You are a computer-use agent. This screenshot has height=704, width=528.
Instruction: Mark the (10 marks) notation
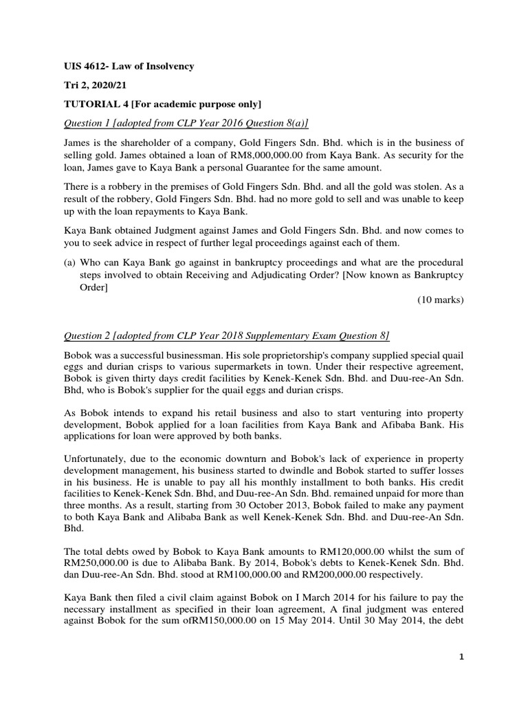click(x=441, y=300)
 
